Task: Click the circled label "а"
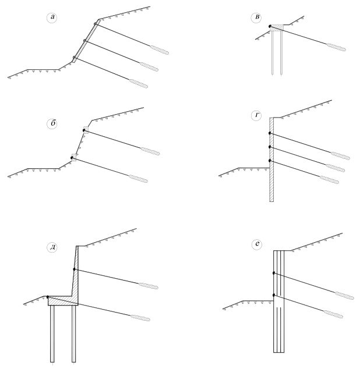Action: (x=52, y=18)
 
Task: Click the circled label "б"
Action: (x=52, y=124)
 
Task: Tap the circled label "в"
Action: (x=256, y=18)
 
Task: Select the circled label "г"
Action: (x=256, y=116)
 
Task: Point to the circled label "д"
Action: (x=52, y=247)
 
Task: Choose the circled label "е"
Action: (x=256, y=244)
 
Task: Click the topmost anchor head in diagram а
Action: (x=95, y=24)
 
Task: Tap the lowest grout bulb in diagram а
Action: (x=139, y=84)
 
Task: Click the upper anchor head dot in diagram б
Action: (x=84, y=130)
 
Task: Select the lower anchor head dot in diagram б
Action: (x=72, y=158)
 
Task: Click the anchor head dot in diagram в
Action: (x=270, y=26)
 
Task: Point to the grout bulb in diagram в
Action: (x=336, y=47)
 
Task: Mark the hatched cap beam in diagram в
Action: (x=277, y=28)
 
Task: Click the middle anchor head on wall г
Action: (x=270, y=147)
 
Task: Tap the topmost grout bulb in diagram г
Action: (x=340, y=156)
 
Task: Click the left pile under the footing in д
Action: (x=52, y=333)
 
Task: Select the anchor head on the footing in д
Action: (x=48, y=297)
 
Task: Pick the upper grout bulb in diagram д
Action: (x=149, y=286)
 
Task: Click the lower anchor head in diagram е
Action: (x=274, y=295)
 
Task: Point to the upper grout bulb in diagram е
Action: (x=344, y=296)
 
